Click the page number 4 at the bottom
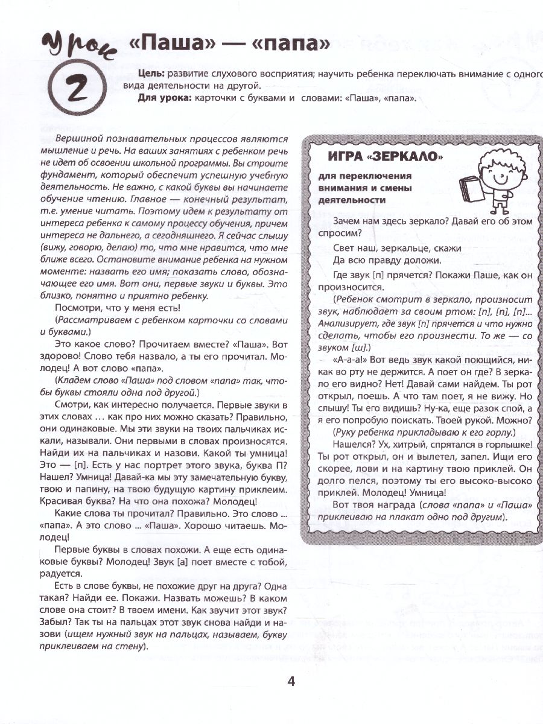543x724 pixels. pyautogui.click(x=291, y=682)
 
